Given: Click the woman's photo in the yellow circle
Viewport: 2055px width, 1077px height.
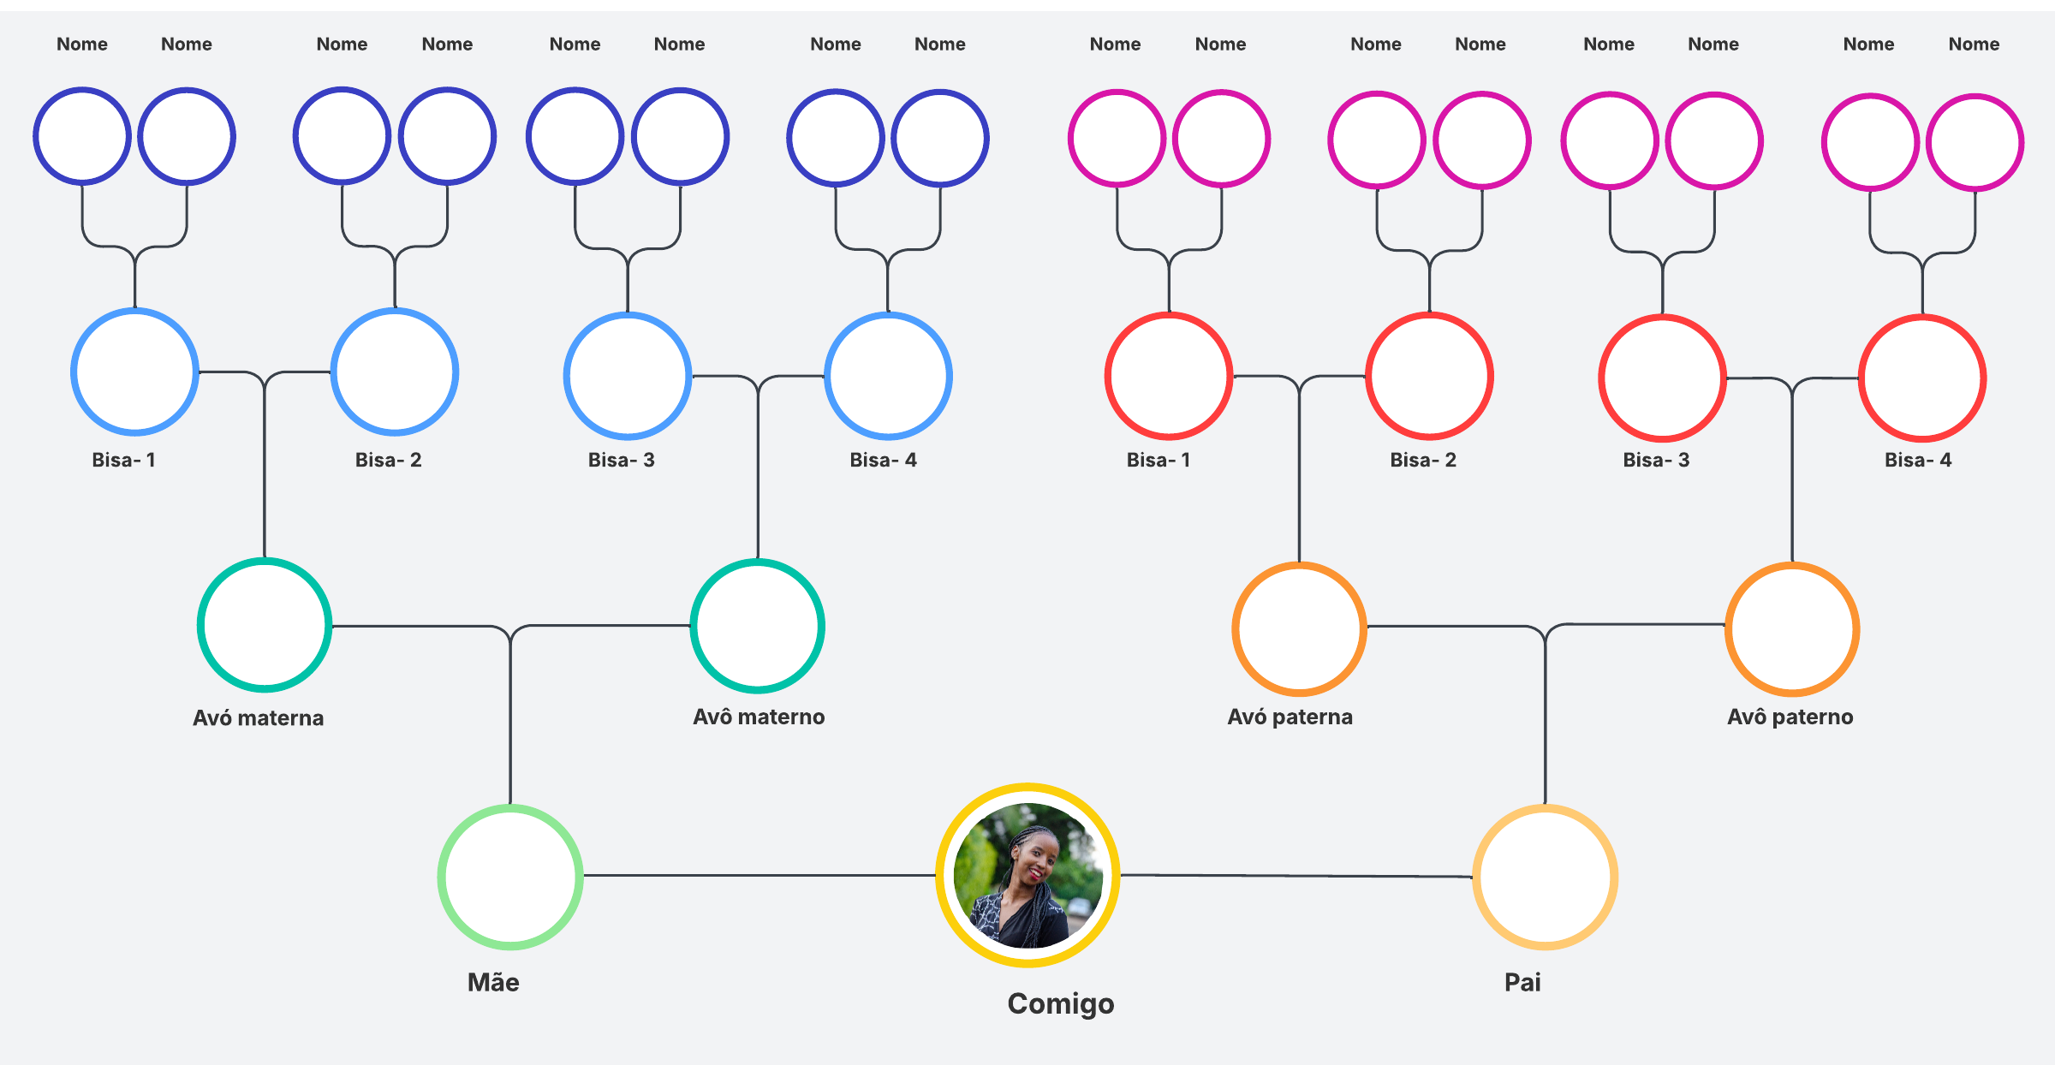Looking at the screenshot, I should click(1027, 875).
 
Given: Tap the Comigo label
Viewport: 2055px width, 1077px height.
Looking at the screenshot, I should click(1060, 1003).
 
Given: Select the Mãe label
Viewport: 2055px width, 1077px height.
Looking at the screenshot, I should click(493, 982).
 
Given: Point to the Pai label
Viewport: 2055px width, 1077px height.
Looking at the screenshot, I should click(1522, 982).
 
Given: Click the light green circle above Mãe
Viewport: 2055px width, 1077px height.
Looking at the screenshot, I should click(510, 877).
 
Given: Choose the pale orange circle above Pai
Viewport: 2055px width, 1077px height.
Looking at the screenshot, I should click(1545, 877).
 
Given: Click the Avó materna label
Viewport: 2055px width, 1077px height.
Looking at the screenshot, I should click(258, 717).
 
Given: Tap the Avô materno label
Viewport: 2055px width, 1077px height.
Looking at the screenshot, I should click(759, 717).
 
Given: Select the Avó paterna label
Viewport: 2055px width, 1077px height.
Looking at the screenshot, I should click(1290, 717).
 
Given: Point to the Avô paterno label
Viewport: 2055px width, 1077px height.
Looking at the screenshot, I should click(1790, 717).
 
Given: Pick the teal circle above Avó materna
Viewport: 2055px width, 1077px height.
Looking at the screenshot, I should click(265, 625).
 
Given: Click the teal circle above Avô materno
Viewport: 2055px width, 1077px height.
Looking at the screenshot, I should click(758, 626).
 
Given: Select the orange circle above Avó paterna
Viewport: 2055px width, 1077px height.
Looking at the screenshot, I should click(1299, 628).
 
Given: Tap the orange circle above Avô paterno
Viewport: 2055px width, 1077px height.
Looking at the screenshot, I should click(1792, 628).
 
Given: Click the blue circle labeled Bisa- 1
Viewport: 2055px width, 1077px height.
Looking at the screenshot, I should click(134, 372).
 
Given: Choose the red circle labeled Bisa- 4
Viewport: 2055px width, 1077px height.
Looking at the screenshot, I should click(1922, 378).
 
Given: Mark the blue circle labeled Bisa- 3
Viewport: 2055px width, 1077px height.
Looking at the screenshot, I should click(628, 376).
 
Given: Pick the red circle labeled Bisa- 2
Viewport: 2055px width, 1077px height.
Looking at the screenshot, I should click(1429, 376).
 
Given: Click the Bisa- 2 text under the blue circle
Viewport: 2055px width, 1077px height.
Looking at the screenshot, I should click(388, 460).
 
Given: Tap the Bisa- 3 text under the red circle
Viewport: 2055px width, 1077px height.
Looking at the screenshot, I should click(1656, 460).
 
